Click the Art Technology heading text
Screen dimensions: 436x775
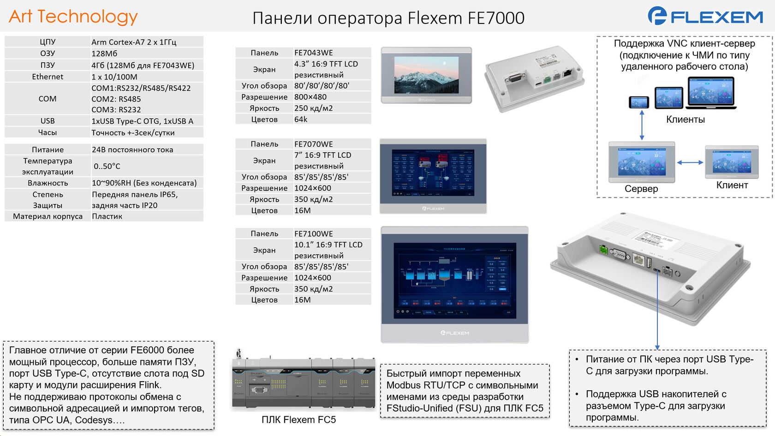pyautogui.click(x=73, y=17)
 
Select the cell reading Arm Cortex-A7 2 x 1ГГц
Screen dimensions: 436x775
pyautogui.click(x=134, y=42)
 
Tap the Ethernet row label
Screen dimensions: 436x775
pyautogui.click(x=48, y=77)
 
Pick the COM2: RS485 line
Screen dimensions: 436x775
pyautogui.click(x=116, y=99)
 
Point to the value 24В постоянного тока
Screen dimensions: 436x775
pyautogui.click(x=132, y=149)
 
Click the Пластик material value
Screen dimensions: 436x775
pyautogui.click(x=107, y=216)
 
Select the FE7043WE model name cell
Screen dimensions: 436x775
pyautogui.click(x=314, y=53)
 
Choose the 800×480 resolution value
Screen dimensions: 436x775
pyautogui.click(x=310, y=97)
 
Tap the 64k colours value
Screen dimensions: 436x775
pyautogui.click(x=301, y=119)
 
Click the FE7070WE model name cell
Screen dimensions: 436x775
pyautogui.click(x=314, y=144)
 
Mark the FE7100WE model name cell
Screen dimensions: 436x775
pyautogui.click(x=314, y=233)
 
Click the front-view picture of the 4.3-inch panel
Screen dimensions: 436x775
pyautogui.click(x=426, y=75)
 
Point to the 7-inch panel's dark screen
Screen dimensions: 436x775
pyautogui.click(x=433, y=173)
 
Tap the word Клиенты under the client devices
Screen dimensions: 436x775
pyautogui.click(x=686, y=119)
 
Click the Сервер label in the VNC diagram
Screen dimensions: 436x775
pyautogui.click(x=641, y=189)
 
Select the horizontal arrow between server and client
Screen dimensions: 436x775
pyautogui.click(x=690, y=162)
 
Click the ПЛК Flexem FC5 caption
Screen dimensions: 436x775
pyautogui.click(x=298, y=420)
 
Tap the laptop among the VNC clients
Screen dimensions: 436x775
pyautogui.click(x=710, y=93)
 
